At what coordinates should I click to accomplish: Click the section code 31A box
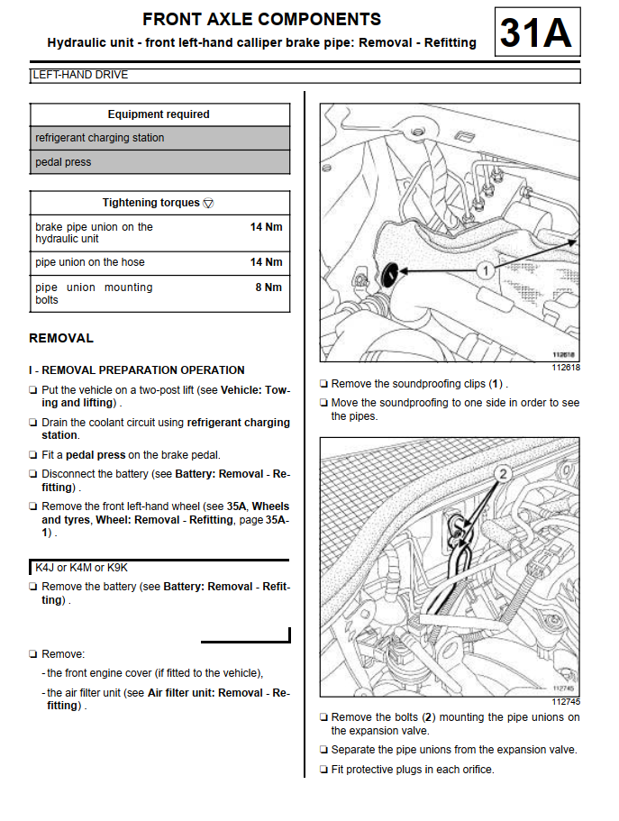coord(536,34)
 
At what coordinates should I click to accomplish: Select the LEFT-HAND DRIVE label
coord(80,75)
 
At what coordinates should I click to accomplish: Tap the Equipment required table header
coord(159,114)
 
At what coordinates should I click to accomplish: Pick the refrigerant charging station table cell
coord(100,138)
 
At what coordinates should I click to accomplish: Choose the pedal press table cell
coord(63,162)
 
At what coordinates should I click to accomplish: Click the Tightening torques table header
coord(158,203)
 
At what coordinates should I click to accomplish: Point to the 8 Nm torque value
coord(269,287)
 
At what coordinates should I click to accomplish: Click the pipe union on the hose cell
coord(90,262)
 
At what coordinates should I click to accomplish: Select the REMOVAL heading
coord(61,338)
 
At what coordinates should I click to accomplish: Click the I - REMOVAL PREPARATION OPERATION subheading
coord(137,369)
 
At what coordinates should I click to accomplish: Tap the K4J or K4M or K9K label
coord(81,568)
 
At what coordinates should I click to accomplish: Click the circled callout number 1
coord(483,269)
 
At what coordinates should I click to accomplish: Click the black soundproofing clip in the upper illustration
coord(388,272)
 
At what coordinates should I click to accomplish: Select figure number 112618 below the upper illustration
coord(565,367)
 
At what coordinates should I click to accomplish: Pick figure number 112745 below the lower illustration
coord(565,702)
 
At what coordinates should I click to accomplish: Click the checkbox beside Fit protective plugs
coord(323,770)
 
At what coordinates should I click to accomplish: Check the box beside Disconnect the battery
coord(33,474)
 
